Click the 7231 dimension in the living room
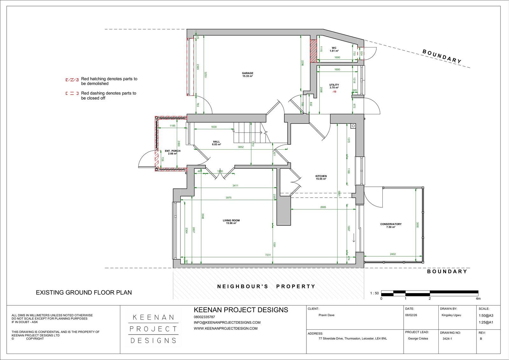(x=268, y=255)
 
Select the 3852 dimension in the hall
(x=241, y=147)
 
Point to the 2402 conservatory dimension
(x=393, y=254)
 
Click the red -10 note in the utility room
(x=334, y=92)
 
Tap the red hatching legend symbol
(x=72, y=80)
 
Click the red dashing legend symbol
(x=72, y=94)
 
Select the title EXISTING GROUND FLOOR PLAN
(x=84, y=292)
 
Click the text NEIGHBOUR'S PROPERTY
(x=266, y=286)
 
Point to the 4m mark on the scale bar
(x=478, y=299)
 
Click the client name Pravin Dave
(x=326, y=315)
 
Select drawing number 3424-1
(x=447, y=339)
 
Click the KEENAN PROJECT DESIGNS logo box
(x=154, y=329)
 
